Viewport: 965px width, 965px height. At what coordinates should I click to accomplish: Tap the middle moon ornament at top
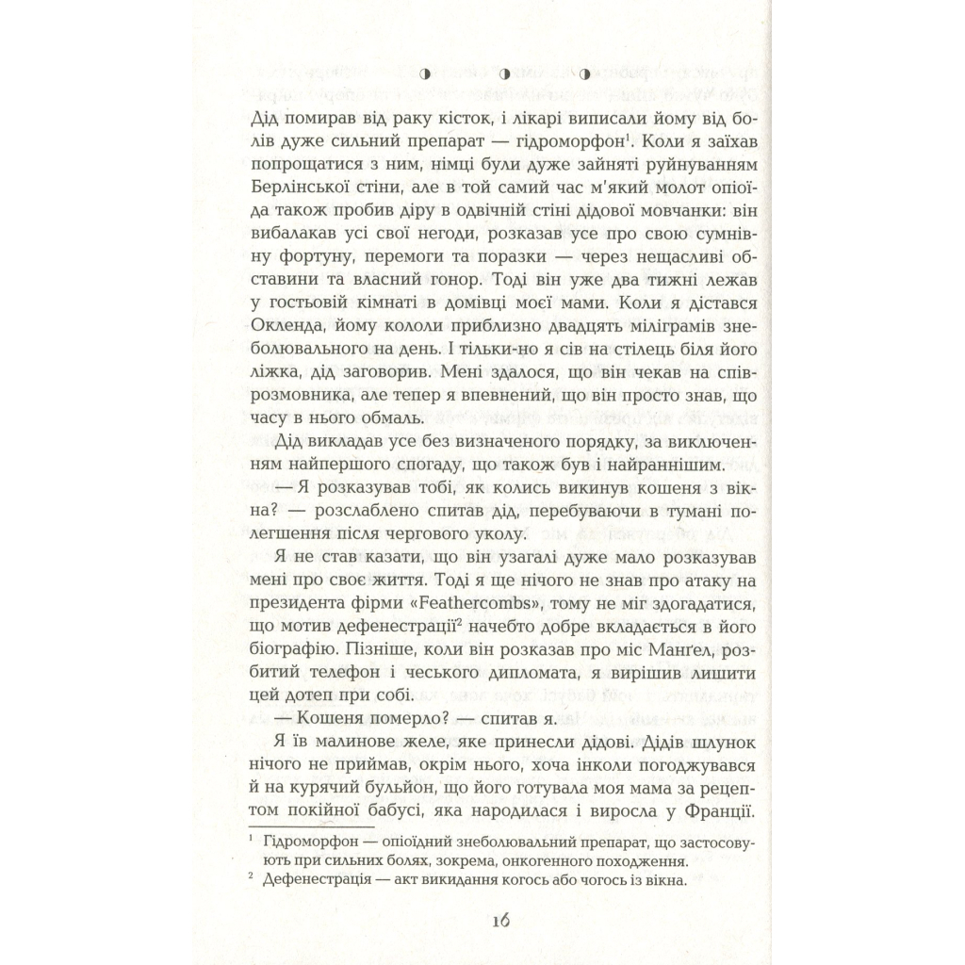coord(504,73)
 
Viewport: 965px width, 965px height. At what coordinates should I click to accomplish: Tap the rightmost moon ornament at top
coord(584,73)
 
